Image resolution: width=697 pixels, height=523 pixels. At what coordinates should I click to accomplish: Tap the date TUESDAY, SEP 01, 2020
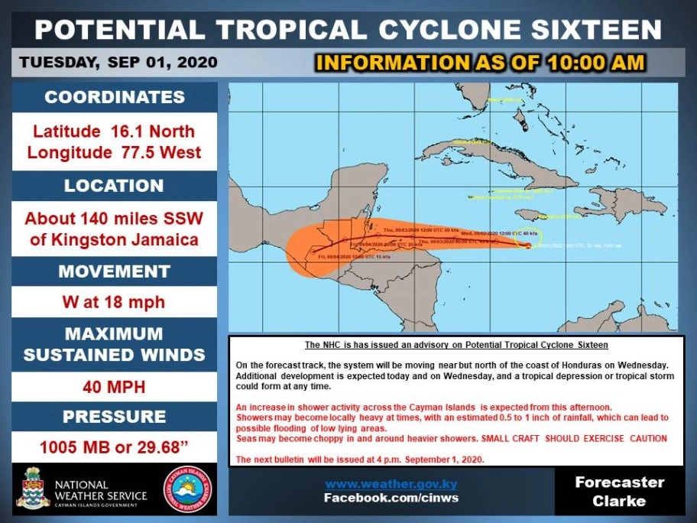118,62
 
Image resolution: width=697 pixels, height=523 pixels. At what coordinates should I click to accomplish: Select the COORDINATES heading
115,97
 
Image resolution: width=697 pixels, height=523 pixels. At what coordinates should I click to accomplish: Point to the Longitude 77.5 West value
115,152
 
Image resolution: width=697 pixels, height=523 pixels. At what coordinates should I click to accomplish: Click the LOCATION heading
114,186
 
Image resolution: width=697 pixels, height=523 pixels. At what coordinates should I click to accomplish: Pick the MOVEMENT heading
114,271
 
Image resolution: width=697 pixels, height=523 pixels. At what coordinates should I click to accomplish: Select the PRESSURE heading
114,417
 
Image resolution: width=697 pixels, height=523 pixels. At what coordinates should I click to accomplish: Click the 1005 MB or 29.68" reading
114,447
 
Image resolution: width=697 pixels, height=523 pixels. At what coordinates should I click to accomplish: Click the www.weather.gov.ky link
391,484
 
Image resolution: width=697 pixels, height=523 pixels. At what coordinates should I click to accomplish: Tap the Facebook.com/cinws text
391,499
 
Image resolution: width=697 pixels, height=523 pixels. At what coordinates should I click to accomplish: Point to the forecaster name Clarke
620,502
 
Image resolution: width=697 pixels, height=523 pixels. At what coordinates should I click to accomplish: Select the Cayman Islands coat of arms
33,488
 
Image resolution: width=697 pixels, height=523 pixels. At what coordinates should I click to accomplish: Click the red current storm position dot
528,245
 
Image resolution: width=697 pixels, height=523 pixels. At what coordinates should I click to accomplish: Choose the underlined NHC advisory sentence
456,345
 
